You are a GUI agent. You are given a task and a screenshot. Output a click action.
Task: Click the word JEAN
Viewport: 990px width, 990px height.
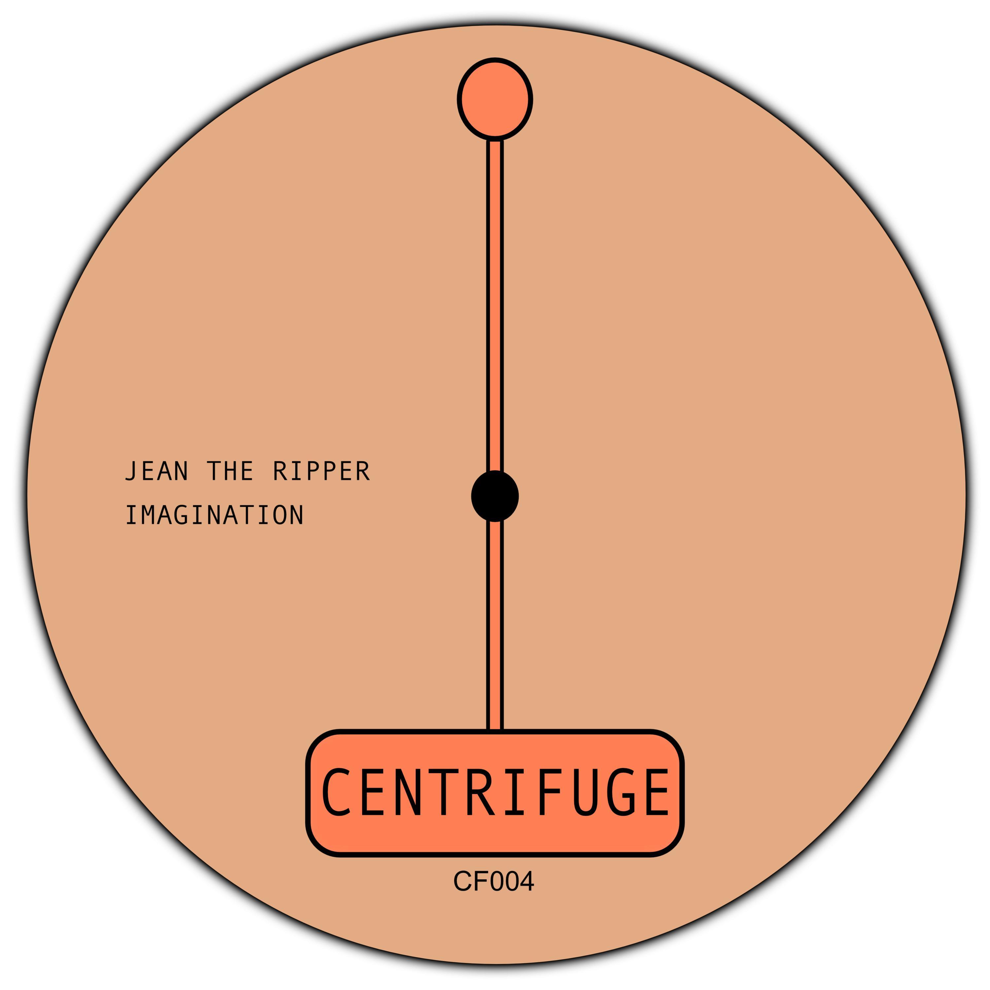tap(156, 471)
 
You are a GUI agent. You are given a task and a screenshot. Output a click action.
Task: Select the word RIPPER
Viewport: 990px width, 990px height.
tap(321, 471)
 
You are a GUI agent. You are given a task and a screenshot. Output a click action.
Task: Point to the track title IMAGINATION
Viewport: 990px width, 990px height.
tap(215, 515)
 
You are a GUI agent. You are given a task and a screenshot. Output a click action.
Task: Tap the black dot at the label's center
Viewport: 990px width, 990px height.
tap(495, 496)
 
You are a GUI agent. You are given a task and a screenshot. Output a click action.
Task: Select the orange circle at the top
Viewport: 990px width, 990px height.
tap(495, 99)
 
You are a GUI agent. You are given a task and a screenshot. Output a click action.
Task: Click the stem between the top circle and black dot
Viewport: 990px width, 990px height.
tap(495, 305)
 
